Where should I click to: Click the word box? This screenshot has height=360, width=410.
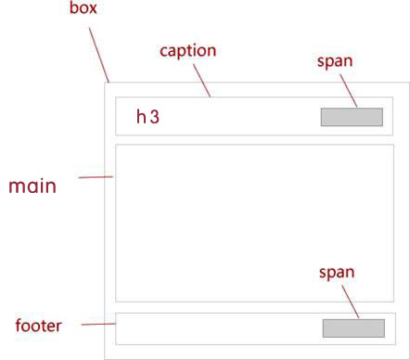pos(83,7)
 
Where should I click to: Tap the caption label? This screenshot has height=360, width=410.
pos(187,51)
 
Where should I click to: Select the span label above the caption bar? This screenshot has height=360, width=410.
pos(335,61)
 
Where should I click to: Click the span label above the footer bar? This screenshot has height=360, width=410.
pos(337,273)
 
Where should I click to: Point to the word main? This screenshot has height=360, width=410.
pos(32,186)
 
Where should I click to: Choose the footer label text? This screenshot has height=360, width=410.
pos(38,326)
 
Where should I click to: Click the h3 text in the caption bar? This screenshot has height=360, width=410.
pos(147,117)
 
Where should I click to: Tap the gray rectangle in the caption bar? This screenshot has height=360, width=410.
pos(352,117)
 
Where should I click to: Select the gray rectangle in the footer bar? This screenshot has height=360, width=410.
pos(353,328)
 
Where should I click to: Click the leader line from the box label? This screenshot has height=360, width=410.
pos(99,55)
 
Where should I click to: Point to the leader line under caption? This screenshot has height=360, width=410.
pos(202,81)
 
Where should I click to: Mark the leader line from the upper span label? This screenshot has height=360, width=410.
pos(349,91)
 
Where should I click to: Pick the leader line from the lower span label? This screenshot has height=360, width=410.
pos(351,302)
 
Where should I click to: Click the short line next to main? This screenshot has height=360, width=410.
pos(96,177)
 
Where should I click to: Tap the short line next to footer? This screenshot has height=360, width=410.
pos(98,324)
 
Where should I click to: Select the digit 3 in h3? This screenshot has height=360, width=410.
pos(155,117)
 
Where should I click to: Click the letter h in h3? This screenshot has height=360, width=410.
pos(141,117)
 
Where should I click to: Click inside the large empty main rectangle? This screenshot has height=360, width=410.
pos(254,223)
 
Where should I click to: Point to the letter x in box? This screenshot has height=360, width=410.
pos(92,9)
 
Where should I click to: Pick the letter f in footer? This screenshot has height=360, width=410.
pos(19,326)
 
